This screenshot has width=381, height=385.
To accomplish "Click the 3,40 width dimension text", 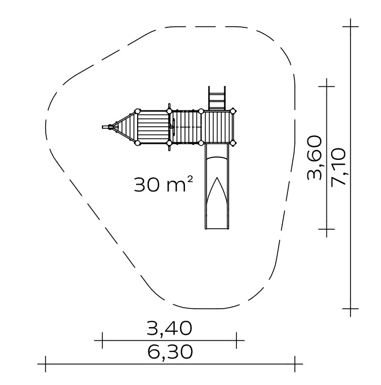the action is click(x=169, y=328).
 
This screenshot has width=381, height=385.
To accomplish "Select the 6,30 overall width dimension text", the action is click(x=170, y=352).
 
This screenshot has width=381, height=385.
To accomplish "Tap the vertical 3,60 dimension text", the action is click(x=314, y=158).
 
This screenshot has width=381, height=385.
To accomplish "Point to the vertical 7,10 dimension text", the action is click(x=338, y=167).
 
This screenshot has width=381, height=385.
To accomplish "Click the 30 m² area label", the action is click(x=163, y=184).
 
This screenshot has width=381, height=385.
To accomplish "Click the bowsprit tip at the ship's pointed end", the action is click(x=103, y=127).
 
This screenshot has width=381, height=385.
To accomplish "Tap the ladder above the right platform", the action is click(x=217, y=98).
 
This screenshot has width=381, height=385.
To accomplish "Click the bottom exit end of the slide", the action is click(x=217, y=228).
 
